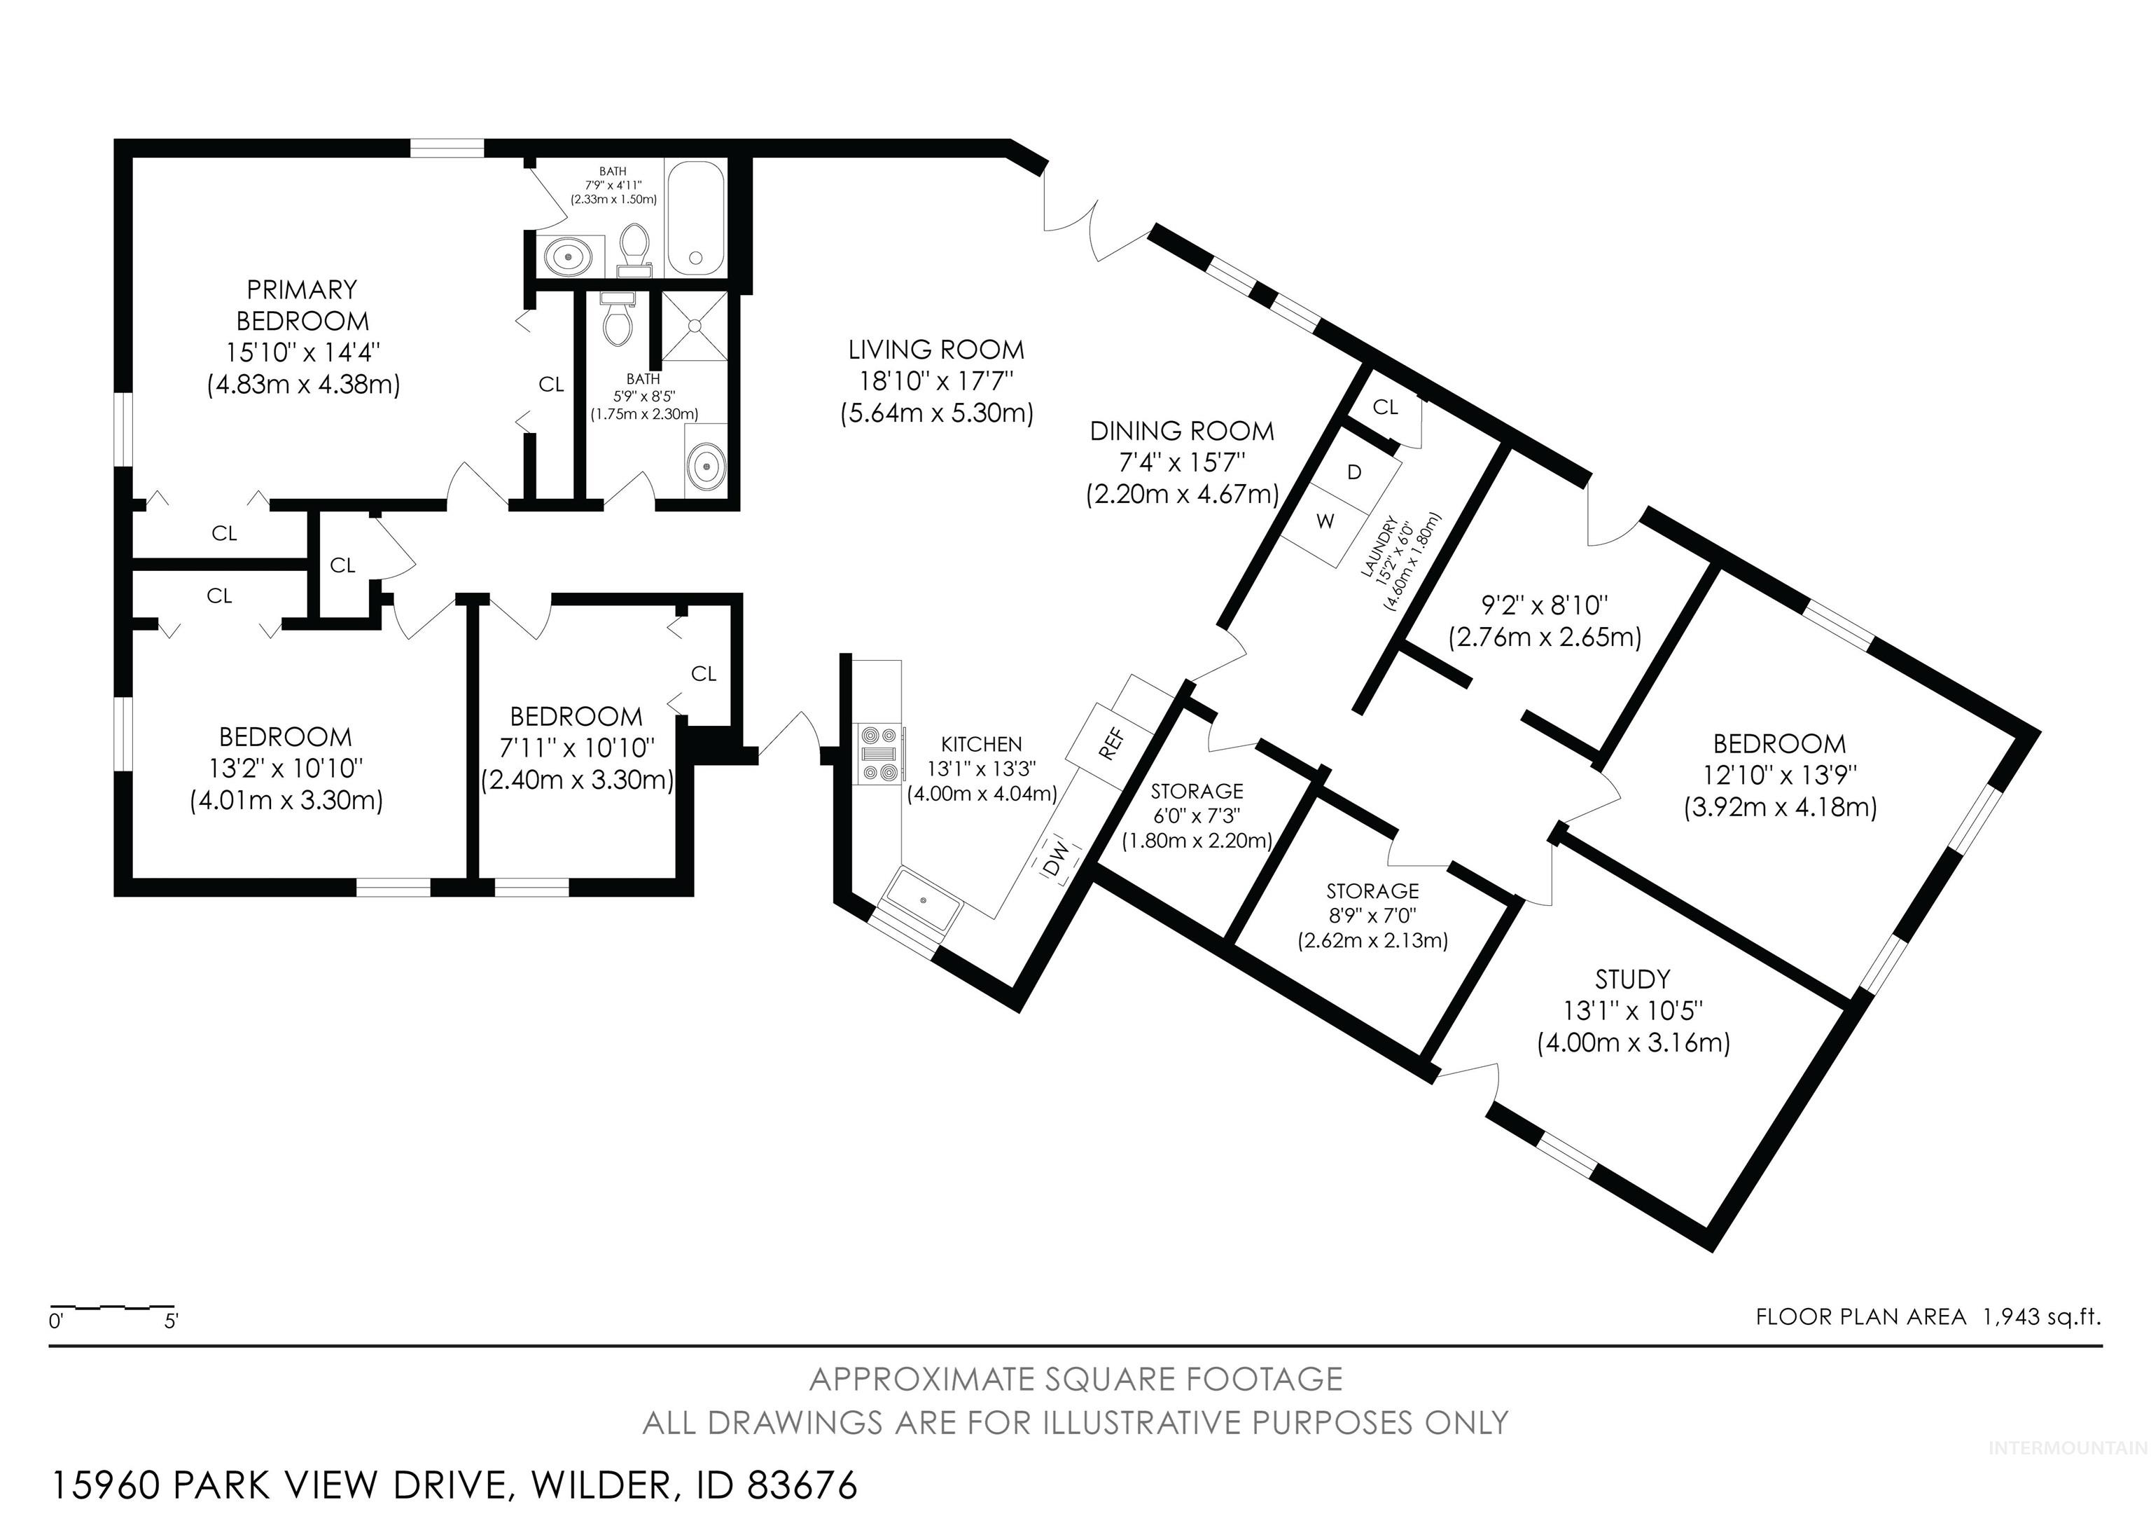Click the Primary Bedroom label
[x=302, y=305]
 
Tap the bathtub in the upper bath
[x=694, y=219]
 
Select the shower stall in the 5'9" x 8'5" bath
[x=694, y=325]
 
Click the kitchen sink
[x=923, y=900]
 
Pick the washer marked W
[x=1325, y=522]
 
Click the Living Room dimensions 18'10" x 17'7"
[x=936, y=381]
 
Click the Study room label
[x=1632, y=979]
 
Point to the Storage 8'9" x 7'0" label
[x=1372, y=890]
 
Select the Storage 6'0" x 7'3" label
[x=1197, y=791]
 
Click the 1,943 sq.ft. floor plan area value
[x=2041, y=1316]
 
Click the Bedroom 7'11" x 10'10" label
[x=576, y=717]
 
